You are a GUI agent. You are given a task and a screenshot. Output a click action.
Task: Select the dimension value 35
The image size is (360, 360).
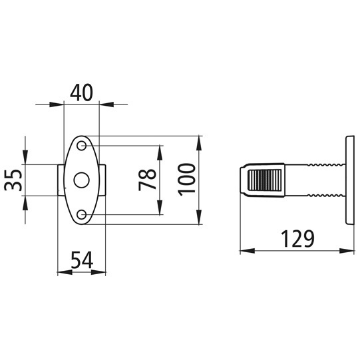[x=15, y=180]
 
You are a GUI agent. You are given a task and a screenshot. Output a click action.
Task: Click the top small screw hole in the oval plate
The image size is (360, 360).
[x=81, y=145]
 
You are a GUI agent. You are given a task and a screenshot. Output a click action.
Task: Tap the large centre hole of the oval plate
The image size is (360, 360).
[x=81, y=180]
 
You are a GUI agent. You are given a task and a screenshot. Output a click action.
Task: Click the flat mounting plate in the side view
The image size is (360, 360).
[x=349, y=180]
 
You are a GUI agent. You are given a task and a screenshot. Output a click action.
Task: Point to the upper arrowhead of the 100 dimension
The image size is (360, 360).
[x=200, y=140]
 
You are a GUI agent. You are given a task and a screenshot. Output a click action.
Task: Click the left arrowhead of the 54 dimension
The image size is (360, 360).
[x=62, y=271]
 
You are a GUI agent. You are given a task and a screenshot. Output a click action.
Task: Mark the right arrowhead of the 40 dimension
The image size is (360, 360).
[x=103, y=104]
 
